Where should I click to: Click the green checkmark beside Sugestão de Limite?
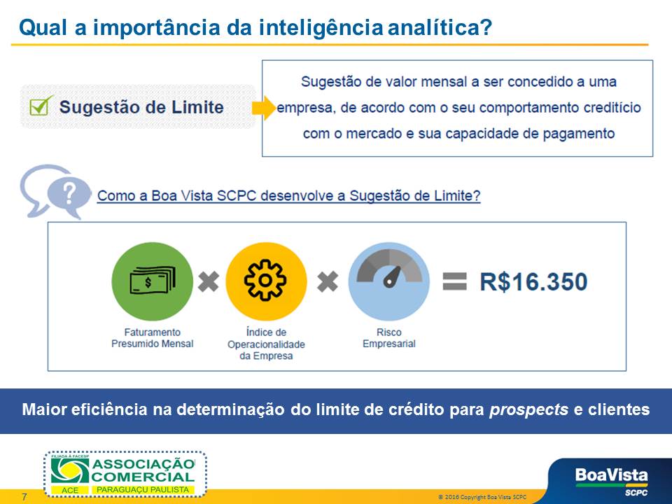[41, 106]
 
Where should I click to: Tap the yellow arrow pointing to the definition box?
[264, 108]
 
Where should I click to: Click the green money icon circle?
[152, 281]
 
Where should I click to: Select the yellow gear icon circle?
[266, 281]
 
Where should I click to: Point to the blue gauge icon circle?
[388, 281]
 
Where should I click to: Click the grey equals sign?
[454, 281]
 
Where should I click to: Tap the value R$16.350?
[533, 281]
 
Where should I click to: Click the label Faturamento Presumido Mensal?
[152, 337]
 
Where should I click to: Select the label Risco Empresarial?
[388, 337]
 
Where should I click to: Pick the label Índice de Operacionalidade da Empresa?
[266, 344]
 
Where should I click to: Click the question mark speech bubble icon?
[56, 192]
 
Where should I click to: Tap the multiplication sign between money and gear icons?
[209, 281]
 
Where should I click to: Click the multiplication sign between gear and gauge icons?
[328, 281]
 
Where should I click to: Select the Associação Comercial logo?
[125, 474]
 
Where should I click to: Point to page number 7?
[24, 497]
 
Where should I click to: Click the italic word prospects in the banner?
[528, 409]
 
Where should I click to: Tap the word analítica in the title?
[440, 27]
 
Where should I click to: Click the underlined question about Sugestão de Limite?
[288, 196]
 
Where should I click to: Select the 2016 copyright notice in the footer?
[482, 497]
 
